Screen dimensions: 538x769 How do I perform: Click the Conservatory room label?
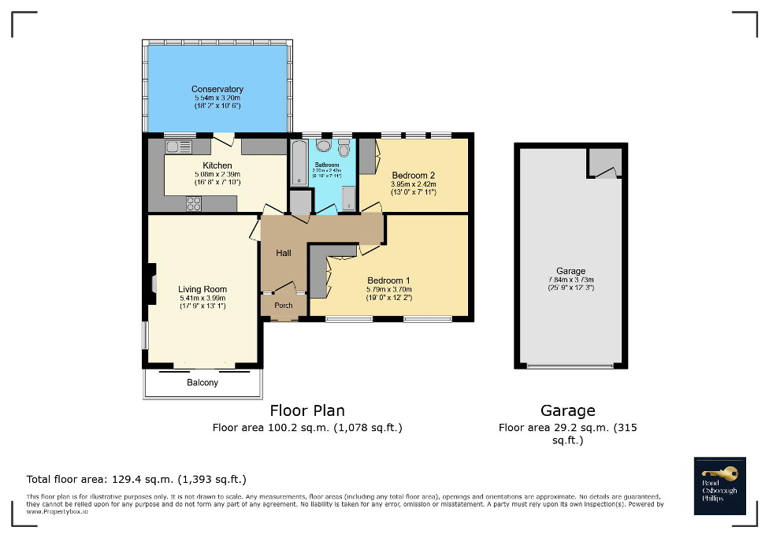[217, 89]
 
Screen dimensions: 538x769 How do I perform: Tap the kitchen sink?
[179, 146]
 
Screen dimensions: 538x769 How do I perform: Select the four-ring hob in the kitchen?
[195, 203]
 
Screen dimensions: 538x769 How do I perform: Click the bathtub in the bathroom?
[299, 162]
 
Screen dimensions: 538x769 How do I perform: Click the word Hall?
[283, 253]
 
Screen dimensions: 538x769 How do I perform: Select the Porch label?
[283, 306]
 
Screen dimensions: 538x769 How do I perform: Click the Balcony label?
[202, 383]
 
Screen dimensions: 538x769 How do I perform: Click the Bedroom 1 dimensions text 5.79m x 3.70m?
[388, 289]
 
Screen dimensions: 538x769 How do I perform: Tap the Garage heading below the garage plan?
[567, 410]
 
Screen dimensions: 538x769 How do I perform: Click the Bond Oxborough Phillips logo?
[719, 485]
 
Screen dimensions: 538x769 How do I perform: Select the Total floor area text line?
[137, 479]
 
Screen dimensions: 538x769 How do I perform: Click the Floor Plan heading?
[306, 410]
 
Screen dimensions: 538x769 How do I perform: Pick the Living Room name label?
[202, 289]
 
